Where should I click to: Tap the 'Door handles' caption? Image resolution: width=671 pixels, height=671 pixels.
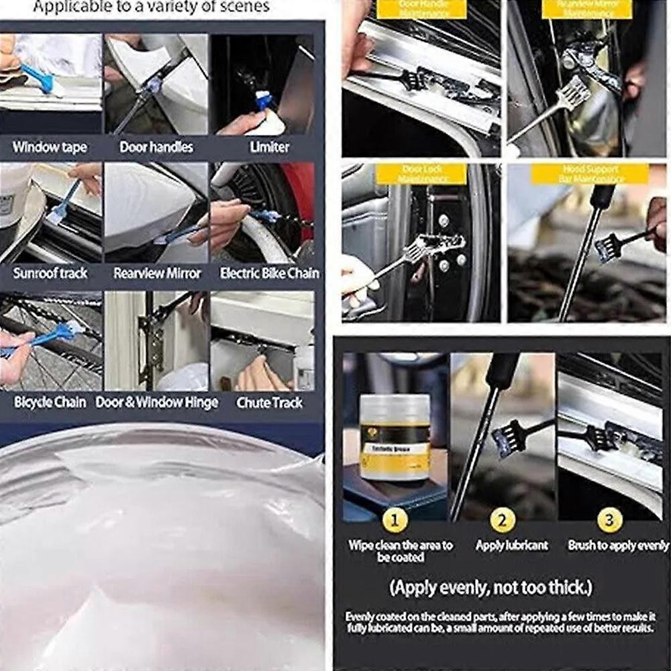pyautogui.click(x=156, y=147)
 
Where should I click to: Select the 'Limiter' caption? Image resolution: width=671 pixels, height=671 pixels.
pyautogui.click(x=269, y=147)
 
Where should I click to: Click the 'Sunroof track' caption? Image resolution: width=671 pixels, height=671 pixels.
pyautogui.click(x=50, y=274)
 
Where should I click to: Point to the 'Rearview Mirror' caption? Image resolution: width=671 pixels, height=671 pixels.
pyautogui.click(x=157, y=274)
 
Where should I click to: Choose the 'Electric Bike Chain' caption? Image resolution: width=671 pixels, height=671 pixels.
pyautogui.click(x=270, y=274)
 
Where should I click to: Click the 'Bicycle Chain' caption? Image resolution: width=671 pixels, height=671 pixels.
pyautogui.click(x=50, y=403)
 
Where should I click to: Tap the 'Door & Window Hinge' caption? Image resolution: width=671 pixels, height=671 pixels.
pyautogui.click(x=157, y=403)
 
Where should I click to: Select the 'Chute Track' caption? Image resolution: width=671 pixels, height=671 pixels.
pyautogui.click(x=270, y=403)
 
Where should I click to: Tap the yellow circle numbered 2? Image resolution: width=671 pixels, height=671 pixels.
pyautogui.click(x=503, y=520)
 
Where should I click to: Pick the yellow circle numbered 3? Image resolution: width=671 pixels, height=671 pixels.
pyautogui.click(x=610, y=520)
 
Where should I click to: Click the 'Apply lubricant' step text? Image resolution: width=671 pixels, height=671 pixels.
pyautogui.click(x=512, y=546)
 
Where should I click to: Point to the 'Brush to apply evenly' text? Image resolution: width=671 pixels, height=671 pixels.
pyautogui.click(x=618, y=546)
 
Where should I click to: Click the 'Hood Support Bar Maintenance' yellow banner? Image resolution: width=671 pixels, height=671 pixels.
pyautogui.click(x=590, y=174)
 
